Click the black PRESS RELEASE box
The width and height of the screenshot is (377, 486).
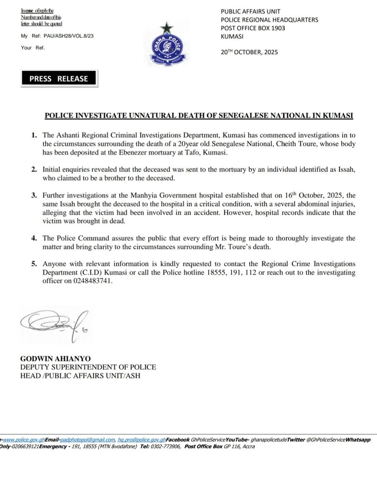pyautogui.click(x=59, y=79)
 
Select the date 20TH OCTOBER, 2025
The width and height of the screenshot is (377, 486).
pyautogui.click(x=249, y=52)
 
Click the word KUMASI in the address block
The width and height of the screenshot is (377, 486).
pyautogui.click(x=232, y=36)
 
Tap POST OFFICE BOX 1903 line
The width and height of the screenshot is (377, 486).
pyautogui.click(x=253, y=28)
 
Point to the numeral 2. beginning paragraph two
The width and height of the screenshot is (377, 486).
pyautogui.click(x=34, y=170)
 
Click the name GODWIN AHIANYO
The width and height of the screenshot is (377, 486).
pyautogui.click(x=55, y=359)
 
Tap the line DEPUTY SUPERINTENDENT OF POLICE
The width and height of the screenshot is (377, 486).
pyautogui.click(x=88, y=367)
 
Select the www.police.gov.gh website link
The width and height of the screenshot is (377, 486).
pyautogui.click(x=23, y=440)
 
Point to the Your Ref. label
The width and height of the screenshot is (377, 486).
pyautogui.click(x=33, y=48)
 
